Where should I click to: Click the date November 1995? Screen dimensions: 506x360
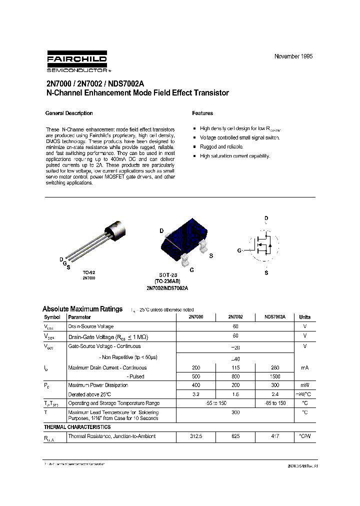(x=293, y=56)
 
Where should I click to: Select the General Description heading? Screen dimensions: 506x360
(x=69, y=113)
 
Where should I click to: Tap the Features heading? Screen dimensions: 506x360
(x=202, y=113)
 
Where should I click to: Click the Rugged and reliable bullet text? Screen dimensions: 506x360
(x=221, y=146)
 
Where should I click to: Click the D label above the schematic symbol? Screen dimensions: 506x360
(x=266, y=218)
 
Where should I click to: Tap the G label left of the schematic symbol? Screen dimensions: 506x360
(x=239, y=250)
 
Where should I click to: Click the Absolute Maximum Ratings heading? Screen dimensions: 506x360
(x=82, y=309)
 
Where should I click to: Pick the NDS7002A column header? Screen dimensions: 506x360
(x=275, y=317)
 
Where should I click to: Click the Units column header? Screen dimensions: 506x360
(x=304, y=317)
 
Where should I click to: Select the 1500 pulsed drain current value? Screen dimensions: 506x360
(x=275, y=375)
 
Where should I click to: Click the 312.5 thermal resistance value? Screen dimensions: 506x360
(x=196, y=436)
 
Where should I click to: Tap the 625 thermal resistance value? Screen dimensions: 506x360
(x=235, y=436)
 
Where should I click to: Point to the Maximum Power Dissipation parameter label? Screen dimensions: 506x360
(x=98, y=385)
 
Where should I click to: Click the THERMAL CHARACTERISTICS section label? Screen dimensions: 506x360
(x=77, y=427)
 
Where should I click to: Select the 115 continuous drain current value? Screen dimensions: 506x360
(x=235, y=367)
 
